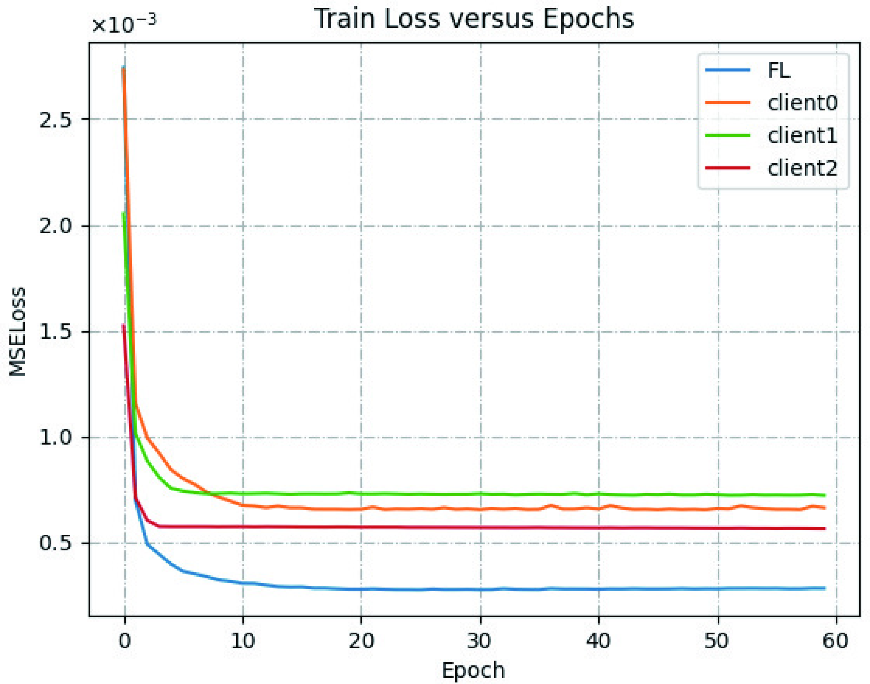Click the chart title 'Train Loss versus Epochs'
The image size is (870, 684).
click(x=473, y=19)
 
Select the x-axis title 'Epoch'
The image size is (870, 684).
click(x=473, y=670)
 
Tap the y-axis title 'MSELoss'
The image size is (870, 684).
click(x=18, y=332)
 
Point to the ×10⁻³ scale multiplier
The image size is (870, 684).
click(x=124, y=24)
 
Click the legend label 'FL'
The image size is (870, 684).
click(x=779, y=70)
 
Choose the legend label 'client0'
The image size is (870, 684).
click(x=802, y=103)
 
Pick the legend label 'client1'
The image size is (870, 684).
click(x=802, y=135)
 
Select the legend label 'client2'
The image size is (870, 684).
click(x=802, y=168)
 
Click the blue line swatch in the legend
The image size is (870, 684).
click(x=728, y=70)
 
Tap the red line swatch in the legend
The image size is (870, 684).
click(x=728, y=168)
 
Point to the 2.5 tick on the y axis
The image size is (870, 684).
click(x=55, y=120)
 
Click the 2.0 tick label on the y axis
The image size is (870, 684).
click(x=55, y=226)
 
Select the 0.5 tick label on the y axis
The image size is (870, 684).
click(x=55, y=543)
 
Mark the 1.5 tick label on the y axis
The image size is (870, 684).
click(x=55, y=332)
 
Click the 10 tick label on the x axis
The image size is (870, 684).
click(x=242, y=641)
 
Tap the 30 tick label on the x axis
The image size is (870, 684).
click(x=480, y=641)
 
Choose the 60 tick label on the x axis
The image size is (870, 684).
click(x=835, y=641)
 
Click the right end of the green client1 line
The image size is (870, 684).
click(x=824, y=495)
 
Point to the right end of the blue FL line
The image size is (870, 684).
click(x=824, y=588)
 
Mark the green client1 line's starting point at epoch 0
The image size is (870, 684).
click(x=123, y=213)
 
